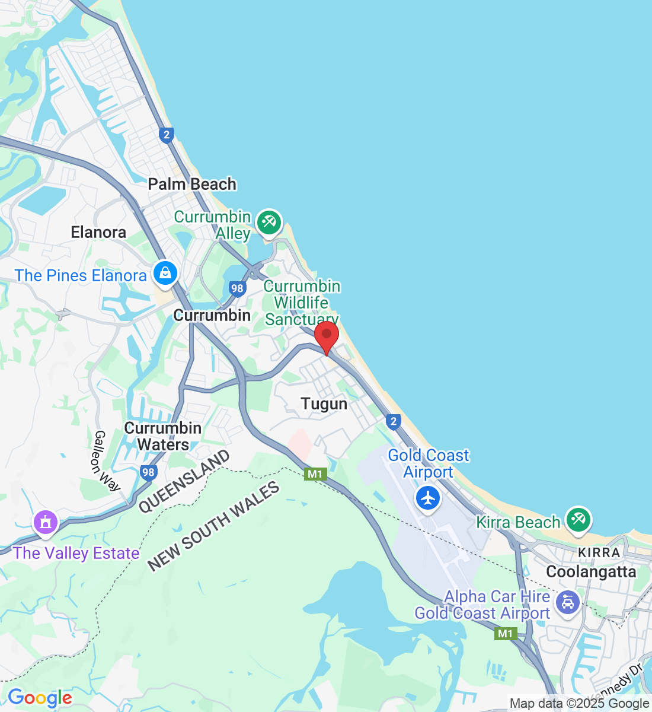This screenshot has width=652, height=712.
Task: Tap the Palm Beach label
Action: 192,185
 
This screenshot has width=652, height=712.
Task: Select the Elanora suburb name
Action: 98,232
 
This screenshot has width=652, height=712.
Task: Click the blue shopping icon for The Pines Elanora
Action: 165,274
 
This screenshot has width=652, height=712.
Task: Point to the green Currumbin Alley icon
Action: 269,223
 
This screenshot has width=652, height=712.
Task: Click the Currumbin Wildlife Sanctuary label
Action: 302,303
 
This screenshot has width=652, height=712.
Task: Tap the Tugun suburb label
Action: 324,404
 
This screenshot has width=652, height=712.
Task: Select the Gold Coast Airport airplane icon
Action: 427,498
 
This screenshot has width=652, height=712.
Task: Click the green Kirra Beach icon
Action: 577,520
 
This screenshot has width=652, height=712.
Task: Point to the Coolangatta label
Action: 591,572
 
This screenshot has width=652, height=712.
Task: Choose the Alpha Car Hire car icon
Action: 568,603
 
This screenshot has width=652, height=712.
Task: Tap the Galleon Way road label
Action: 107,461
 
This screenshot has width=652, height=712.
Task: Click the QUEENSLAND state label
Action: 184,481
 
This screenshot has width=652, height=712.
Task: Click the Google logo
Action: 40,698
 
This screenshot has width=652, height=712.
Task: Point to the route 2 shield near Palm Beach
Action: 167,135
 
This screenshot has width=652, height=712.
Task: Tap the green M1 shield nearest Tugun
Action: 315,474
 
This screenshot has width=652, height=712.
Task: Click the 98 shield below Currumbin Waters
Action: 148,472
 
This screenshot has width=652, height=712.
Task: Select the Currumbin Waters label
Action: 163,436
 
